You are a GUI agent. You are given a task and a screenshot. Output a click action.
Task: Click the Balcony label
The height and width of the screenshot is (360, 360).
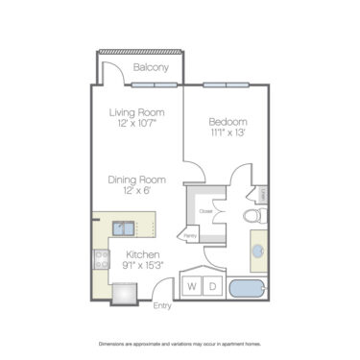(x=152, y=68)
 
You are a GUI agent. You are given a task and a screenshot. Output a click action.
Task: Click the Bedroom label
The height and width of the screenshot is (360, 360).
(x=228, y=122)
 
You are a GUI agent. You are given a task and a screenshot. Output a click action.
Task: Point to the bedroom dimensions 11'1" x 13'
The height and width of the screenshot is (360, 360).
(x=228, y=133)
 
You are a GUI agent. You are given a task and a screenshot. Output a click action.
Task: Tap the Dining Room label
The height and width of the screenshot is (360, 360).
(x=138, y=180)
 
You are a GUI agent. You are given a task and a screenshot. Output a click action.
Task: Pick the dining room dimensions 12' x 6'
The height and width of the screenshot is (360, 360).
(x=138, y=191)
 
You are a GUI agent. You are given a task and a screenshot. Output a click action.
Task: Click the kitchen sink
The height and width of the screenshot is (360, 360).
(x=122, y=228)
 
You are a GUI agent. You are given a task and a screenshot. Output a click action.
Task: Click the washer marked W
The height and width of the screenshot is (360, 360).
(x=192, y=287)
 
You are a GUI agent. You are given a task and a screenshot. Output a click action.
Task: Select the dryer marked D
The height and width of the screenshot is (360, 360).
(x=212, y=287)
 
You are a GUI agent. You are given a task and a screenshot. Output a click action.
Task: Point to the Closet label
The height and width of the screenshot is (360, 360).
(x=205, y=211)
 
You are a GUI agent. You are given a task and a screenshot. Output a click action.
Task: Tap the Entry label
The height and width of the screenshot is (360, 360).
(x=163, y=306)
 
